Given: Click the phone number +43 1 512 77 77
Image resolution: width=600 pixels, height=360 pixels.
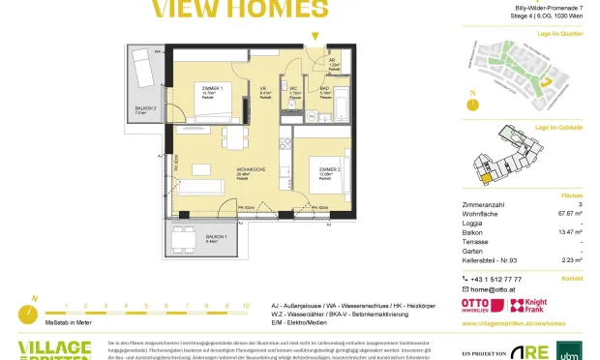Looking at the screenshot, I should pyautogui.click(x=501, y=278).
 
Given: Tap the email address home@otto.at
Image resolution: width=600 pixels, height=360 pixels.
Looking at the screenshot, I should pyautogui.click(x=494, y=289).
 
